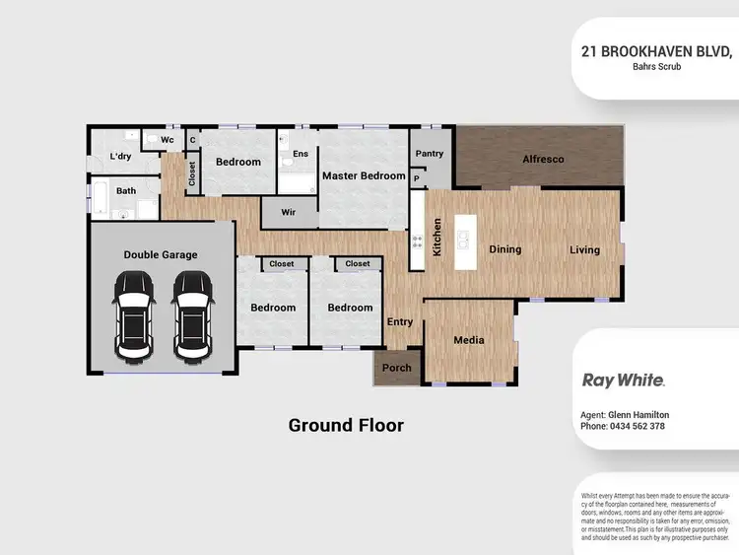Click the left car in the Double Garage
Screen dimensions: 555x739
134,314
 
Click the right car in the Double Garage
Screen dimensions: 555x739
192,314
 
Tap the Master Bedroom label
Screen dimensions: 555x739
364,175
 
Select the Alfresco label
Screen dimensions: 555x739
543,158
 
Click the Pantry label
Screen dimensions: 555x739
430,154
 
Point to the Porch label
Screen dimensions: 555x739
396,368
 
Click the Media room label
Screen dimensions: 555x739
469,340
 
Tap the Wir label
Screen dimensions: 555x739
289,211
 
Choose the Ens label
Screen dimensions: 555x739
301,154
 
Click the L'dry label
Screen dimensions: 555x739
120,157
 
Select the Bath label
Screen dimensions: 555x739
126,191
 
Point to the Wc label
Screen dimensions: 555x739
168,140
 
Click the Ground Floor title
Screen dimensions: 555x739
346,426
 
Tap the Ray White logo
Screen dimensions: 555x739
624,380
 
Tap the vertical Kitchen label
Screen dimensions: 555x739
437,238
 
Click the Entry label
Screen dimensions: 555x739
400,321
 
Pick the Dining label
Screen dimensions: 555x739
505,249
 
